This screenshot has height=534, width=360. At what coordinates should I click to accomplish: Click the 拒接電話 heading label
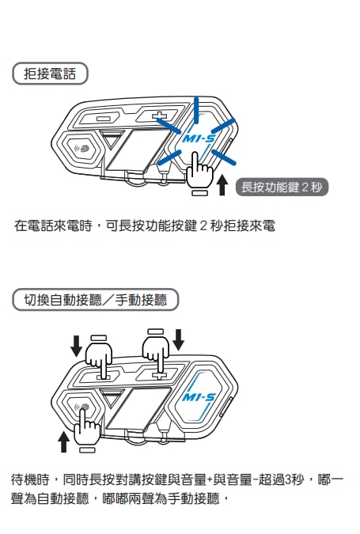point(50,74)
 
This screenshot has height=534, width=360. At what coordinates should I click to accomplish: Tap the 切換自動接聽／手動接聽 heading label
point(96,300)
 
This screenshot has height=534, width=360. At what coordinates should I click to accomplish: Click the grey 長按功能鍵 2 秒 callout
point(282,187)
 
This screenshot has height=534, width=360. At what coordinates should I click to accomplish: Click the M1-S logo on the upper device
point(199,138)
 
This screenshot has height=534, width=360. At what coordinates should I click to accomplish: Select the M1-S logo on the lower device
point(199,397)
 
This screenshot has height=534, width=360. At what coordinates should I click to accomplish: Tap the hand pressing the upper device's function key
point(199,170)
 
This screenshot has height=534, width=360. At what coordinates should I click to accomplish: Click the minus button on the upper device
point(101,119)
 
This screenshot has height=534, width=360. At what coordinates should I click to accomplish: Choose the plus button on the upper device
point(159,116)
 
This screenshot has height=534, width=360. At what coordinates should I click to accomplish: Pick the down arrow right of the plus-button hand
point(179,339)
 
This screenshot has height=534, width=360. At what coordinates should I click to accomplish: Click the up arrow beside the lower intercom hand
point(63,441)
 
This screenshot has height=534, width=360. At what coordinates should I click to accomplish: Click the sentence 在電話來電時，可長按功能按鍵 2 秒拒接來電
point(145,225)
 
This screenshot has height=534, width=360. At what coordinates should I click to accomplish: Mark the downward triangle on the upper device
point(112,138)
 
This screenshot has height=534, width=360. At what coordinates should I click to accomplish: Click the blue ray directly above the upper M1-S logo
point(196,110)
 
